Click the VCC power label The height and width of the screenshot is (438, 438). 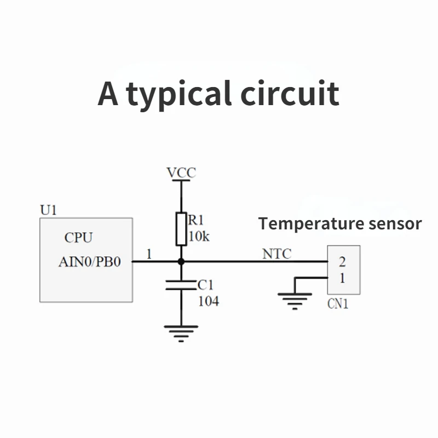click(181, 173)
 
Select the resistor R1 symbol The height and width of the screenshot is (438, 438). click(181, 229)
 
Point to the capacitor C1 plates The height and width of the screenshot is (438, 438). click(181, 284)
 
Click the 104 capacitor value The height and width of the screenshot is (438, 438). click(208, 301)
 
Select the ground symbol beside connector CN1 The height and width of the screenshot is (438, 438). click(295, 300)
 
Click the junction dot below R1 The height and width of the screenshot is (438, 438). click(181, 262)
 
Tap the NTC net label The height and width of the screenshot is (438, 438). click(277, 254)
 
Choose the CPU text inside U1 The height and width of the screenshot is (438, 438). click(79, 238)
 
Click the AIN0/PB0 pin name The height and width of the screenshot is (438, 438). click(89, 262)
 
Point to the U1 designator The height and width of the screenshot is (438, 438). click(49, 210)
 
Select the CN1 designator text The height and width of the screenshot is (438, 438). click(338, 304)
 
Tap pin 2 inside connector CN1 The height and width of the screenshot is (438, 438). click(342, 261)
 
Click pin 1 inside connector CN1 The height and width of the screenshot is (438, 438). click(342, 278)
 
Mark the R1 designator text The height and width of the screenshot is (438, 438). click(196, 221)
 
